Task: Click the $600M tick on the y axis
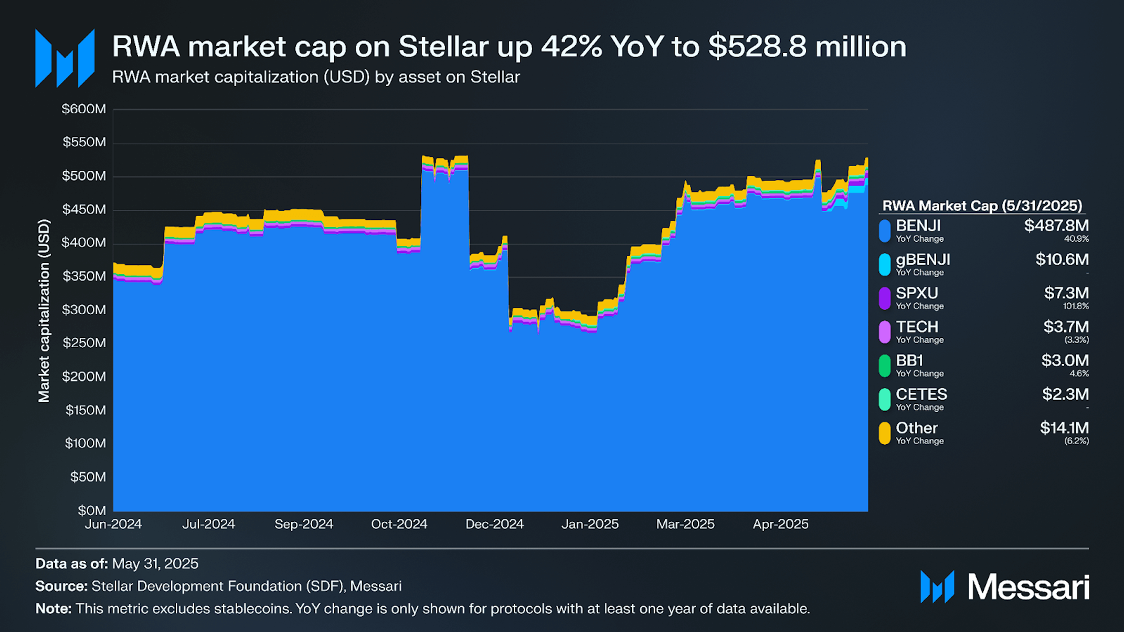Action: (x=84, y=109)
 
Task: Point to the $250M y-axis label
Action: (x=84, y=343)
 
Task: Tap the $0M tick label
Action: (x=92, y=510)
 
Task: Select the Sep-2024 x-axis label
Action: (x=304, y=524)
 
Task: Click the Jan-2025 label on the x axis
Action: (x=590, y=524)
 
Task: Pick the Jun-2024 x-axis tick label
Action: (x=113, y=524)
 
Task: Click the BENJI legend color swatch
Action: (x=885, y=231)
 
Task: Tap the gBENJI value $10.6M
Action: (x=1062, y=260)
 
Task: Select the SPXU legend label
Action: (x=917, y=293)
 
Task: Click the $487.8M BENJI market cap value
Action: (x=1056, y=226)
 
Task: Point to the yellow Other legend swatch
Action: (x=885, y=433)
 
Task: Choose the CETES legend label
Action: (x=921, y=394)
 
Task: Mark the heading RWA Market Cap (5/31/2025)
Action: (x=982, y=206)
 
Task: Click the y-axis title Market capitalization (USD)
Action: (x=44, y=310)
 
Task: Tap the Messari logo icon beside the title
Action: (x=65, y=58)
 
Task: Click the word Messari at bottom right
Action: (x=1028, y=587)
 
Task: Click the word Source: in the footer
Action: (x=61, y=586)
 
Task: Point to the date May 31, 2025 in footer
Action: (x=155, y=564)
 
